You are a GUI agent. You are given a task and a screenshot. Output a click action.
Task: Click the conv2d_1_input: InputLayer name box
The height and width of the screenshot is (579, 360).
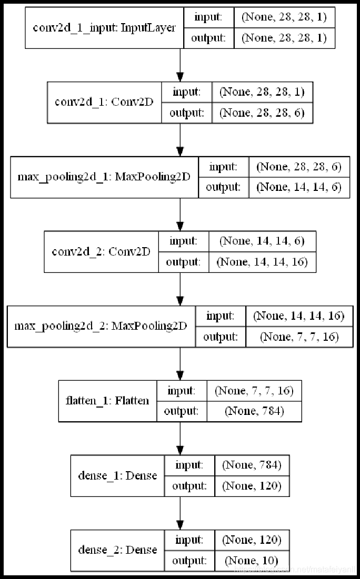104,28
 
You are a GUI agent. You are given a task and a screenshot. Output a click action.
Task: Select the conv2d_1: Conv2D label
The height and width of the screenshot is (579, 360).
104,102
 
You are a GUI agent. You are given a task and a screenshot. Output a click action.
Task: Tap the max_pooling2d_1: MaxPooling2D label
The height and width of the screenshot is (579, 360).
104,177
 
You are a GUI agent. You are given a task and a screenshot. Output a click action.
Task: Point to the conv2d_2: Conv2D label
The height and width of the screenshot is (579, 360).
101,251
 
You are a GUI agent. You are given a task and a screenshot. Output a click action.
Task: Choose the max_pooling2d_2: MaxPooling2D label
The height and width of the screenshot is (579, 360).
101,326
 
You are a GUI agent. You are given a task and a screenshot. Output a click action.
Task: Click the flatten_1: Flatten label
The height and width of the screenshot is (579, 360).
107,401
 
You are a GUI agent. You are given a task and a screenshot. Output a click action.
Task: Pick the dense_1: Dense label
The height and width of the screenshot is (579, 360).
117,475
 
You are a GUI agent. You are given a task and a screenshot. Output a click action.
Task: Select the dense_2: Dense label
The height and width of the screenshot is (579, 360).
117,550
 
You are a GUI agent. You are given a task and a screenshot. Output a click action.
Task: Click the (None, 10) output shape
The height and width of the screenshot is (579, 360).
252,561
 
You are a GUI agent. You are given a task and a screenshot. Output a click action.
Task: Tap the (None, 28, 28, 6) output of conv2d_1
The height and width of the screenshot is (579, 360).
262,113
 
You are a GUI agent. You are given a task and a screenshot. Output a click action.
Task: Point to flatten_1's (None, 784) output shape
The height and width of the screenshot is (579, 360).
254,411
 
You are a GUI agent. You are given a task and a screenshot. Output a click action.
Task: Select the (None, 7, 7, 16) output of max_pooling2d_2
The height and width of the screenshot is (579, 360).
299,337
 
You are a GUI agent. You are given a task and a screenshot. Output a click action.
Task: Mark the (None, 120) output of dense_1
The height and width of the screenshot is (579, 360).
252,486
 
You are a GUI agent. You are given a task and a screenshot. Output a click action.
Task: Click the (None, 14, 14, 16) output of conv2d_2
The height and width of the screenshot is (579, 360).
262,262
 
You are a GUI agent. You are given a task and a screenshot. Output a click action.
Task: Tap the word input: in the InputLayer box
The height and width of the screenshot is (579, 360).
208,17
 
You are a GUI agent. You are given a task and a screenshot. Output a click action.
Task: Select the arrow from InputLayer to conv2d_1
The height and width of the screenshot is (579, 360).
181,65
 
